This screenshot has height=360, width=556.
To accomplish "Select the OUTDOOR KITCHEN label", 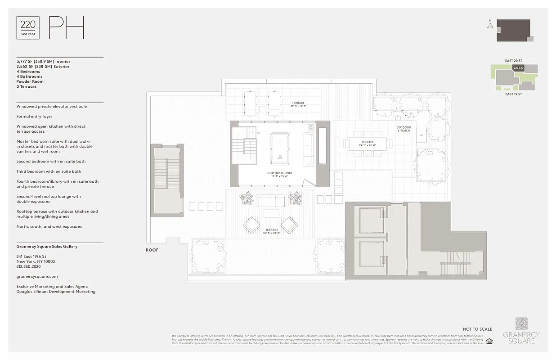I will point(403,129).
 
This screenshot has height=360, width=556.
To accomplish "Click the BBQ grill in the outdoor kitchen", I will point(421,135).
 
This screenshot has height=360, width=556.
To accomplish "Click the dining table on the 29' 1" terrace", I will point(367,144).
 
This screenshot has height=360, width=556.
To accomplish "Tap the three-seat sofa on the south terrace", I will point(271,200).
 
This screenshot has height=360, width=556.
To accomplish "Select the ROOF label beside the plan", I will point(152,250).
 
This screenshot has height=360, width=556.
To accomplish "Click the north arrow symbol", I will point(490,25).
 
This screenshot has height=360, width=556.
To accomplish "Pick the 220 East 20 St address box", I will point(28,28).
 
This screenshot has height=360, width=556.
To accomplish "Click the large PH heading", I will point(66,28).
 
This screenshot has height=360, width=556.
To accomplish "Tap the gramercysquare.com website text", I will point(37,276).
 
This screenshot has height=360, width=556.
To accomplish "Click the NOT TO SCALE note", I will point(477,329).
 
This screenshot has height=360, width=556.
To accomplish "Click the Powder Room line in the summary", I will point(30,81).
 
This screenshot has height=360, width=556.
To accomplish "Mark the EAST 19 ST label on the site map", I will point(513,94).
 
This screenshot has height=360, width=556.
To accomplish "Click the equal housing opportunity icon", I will point(490,341).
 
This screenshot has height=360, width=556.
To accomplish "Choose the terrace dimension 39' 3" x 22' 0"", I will point(271,233).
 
